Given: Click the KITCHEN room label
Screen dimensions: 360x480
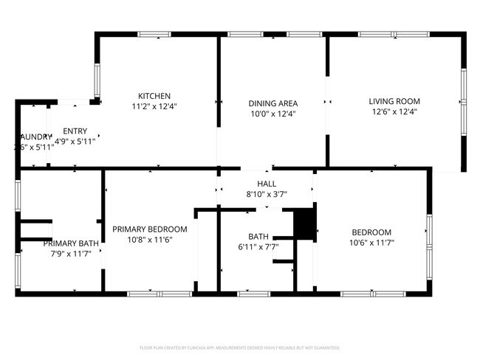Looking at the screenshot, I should click(154, 96).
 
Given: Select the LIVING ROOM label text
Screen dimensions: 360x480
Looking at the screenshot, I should click(394, 102).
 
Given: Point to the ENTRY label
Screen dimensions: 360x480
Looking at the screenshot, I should click(75, 131).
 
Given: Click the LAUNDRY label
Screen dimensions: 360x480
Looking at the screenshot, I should click(35, 137).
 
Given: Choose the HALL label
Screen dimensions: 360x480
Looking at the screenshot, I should click(266, 184).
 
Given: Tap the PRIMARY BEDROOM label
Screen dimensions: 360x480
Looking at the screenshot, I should click(149, 229).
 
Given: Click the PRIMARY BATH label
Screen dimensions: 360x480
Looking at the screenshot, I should click(70, 243).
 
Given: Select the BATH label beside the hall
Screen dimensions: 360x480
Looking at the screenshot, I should click(258, 237).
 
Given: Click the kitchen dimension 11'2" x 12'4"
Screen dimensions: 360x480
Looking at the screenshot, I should click(154, 106).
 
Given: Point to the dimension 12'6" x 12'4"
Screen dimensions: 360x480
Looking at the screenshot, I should click(394, 112).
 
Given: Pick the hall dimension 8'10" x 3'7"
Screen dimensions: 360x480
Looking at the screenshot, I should click(266, 194).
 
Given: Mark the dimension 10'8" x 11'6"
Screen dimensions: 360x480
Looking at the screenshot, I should click(149, 240).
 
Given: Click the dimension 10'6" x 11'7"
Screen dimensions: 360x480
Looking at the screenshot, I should click(371, 243).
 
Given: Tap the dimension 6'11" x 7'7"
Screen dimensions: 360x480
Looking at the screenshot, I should click(258, 247).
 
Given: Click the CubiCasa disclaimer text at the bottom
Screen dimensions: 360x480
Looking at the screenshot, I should click(239, 347).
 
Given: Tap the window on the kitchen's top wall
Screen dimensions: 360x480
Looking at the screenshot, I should click(154, 34).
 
